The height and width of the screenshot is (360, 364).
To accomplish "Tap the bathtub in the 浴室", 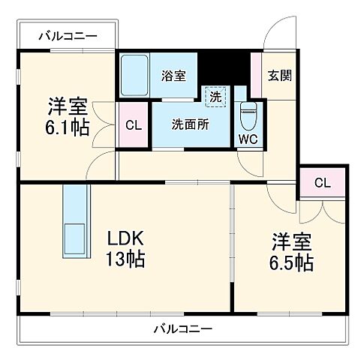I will (x=135, y=75).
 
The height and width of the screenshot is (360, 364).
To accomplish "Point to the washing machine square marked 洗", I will (x=215, y=96).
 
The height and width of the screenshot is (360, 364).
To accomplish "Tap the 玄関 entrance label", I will (x=280, y=75).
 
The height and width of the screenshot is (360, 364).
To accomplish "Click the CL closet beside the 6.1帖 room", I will (x=134, y=124).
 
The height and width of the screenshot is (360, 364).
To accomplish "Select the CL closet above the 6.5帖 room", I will (x=322, y=182).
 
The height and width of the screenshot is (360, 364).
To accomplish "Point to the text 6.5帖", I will (x=292, y=263).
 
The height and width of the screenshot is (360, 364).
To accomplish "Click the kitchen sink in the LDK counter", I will (x=76, y=236).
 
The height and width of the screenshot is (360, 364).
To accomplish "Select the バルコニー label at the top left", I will (x=68, y=35).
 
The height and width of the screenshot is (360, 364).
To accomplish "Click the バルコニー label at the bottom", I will (x=183, y=328).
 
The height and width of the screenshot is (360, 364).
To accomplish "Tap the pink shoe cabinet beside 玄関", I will (x=256, y=75).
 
